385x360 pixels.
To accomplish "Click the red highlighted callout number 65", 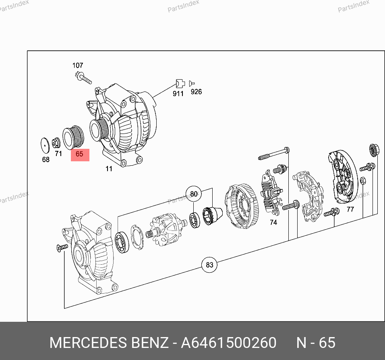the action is coord(80,154).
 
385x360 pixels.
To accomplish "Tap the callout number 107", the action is coord(78,66).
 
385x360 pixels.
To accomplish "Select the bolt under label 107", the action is coord(83,77).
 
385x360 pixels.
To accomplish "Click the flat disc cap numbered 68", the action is coord(45,146).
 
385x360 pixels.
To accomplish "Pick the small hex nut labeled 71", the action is coord(56,143).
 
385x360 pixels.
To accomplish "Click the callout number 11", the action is coord(109,169).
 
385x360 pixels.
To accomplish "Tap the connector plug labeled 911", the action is coord(180,84).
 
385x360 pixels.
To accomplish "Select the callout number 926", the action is coord(196,92).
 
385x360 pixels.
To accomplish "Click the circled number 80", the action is coord(194,194).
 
